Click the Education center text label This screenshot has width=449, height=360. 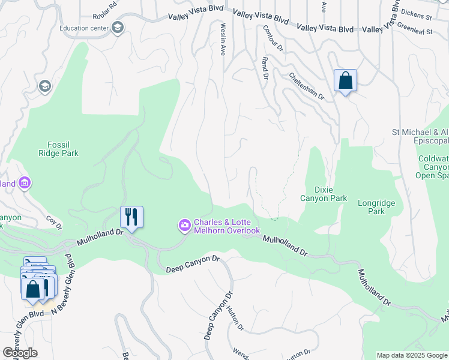pos(85,28)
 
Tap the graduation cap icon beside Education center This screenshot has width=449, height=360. pos(117,28)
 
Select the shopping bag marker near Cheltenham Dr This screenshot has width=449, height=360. pos(345,81)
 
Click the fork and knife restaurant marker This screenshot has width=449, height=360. pos(131,217)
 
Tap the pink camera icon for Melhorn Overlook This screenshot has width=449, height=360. pos(184,226)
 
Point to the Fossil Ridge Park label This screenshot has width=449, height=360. pos(63,149)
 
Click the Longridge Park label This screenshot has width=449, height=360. pos(376,207)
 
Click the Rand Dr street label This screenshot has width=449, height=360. pos(264,67)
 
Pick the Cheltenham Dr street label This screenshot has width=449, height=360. pos(306,86)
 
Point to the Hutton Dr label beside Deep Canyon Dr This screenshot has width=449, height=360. pos(235,319)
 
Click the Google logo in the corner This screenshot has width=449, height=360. pos(20,352)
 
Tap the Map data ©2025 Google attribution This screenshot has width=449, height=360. pos(411,355)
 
